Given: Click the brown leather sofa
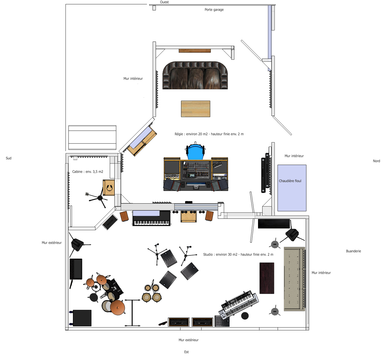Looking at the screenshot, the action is click(195, 75).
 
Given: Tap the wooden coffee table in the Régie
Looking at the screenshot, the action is click(195, 109).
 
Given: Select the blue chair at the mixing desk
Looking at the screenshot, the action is click(195, 152).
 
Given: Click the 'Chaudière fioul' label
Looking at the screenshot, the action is click(290, 181).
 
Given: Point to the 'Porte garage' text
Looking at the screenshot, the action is click(214, 10).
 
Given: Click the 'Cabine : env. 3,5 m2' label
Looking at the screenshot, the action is click(88, 172).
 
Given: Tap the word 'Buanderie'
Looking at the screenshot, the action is click(353, 251).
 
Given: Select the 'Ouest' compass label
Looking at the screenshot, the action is click(164, 2).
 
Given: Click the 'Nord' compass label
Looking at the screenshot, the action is click(376, 161).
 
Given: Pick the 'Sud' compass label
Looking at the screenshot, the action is click(9, 158).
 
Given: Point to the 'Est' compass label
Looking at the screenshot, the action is click(187, 352).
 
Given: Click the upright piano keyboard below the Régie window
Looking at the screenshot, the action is click(151, 218).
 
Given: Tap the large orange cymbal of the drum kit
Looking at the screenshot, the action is click(118, 307).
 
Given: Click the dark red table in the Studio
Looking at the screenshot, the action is click(267, 278).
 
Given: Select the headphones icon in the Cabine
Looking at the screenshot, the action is click(109, 188).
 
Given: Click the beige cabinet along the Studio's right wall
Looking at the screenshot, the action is click(294, 279).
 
